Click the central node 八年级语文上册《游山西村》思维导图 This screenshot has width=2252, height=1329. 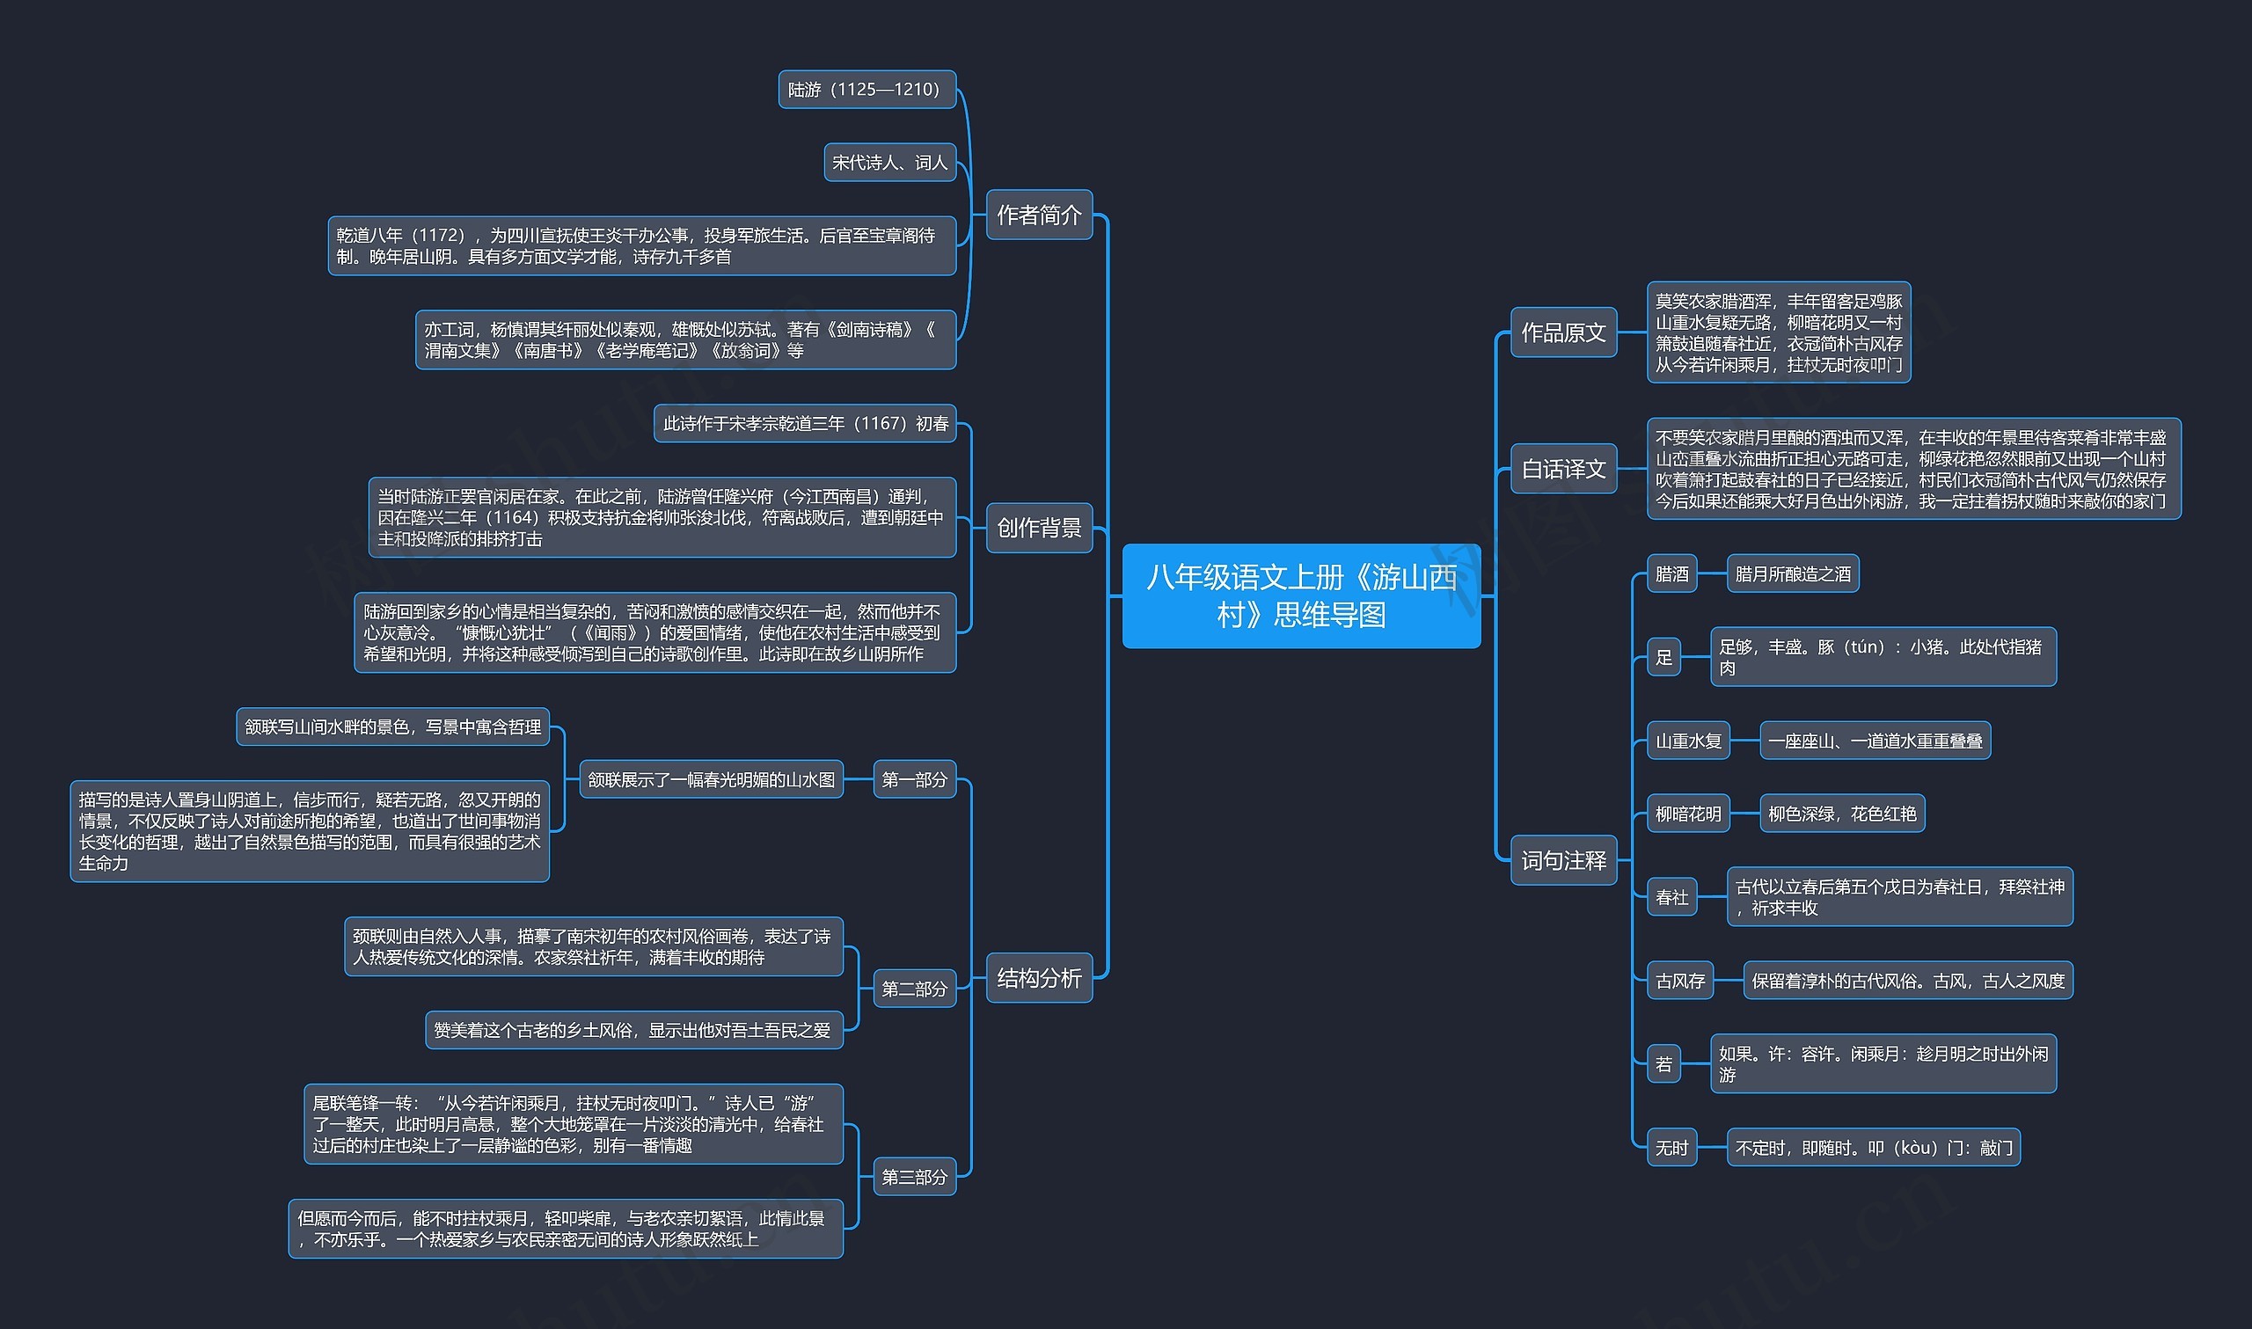1300,595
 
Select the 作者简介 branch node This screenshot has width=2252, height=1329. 1039,215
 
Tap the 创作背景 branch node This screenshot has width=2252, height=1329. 1039,529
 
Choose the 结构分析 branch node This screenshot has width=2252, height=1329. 1039,978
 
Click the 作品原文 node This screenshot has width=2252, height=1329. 1563,332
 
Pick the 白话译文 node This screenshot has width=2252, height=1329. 1563,469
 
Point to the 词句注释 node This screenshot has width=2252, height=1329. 1563,860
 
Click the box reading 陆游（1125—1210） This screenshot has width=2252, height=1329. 866,90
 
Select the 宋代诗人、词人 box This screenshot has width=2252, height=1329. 889,162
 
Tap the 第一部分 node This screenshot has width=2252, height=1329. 914,779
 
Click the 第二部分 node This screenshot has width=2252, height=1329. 914,989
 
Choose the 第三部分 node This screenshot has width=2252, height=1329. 914,1177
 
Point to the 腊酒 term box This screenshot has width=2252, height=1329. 1671,574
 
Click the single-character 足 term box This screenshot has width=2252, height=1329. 1663,657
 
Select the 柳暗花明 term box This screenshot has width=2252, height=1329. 1688,814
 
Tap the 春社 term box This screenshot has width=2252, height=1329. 1671,896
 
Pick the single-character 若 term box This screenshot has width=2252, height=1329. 1663,1064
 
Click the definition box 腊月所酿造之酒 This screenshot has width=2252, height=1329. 1792,574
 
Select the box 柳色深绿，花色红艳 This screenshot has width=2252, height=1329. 1841,814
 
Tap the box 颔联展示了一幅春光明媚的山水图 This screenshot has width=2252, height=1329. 711,779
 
